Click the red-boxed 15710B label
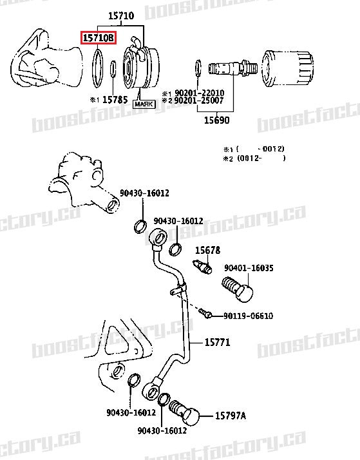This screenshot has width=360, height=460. click(x=99, y=39)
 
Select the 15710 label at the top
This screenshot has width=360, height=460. click(x=120, y=15)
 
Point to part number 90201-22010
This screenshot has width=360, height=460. click(x=197, y=93)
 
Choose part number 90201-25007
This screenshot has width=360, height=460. click(x=197, y=101)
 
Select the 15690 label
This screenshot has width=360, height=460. click(x=216, y=120)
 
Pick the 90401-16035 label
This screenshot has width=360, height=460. click(x=249, y=268)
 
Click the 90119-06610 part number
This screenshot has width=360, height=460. click(x=248, y=316)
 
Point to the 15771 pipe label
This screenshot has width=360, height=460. click(x=217, y=342)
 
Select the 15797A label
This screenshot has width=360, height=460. click(x=230, y=416)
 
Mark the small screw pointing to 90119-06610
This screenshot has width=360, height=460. click(x=205, y=313)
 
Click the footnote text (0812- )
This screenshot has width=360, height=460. click(x=261, y=158)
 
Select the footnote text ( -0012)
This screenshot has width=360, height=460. click(x=261, y=148)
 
